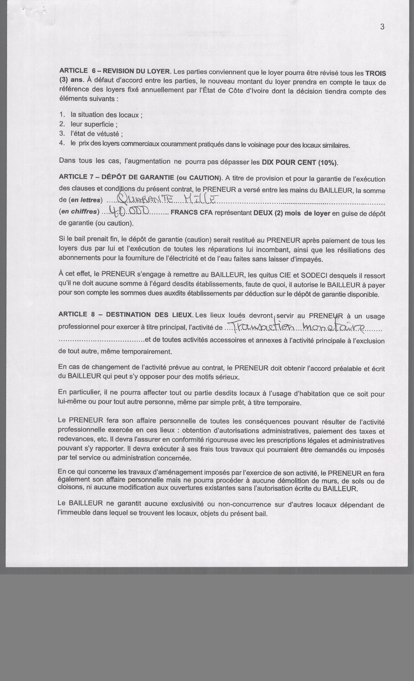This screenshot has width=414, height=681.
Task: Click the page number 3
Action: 382,27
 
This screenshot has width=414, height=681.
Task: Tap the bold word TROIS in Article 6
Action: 376,73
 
